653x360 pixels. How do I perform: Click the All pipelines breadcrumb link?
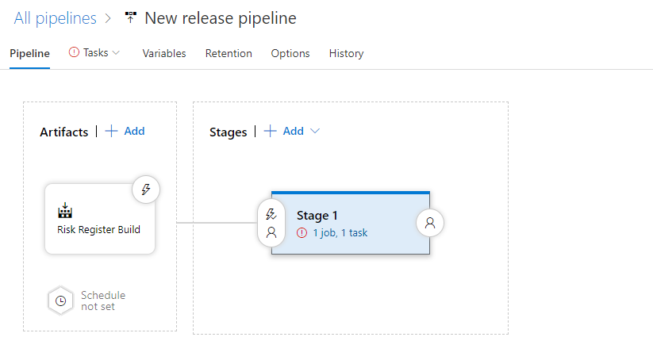click(x=55, y=18)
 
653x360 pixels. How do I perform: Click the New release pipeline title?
click(x=221, y=18)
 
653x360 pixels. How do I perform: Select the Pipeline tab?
click(x=29, y=53)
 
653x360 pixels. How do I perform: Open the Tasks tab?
click(x=95, y=53)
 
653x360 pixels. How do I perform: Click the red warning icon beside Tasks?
click(x=74, y=52)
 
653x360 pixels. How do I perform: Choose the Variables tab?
click(x=164, y=53)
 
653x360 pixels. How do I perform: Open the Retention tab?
click(x=229, y=53)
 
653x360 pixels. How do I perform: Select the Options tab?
click(x=290, y=53)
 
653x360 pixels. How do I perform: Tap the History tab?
click(x=346, y=53)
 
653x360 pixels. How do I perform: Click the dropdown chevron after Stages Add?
click(x=315, y=131)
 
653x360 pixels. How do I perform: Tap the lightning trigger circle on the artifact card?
click(x=146, y=190)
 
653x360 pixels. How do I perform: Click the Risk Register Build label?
click(x=98, y=230)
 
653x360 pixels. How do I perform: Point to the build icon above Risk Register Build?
click(x=65, y=210)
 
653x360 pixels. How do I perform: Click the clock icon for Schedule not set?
click(x=61, y=301)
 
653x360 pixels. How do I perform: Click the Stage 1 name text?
click(x=317, y=216)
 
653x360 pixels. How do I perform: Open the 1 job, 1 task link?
click(x=340, y=232)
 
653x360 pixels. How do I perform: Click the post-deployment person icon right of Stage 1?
click(x=430, y=223)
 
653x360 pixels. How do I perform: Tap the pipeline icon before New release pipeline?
click(x=131, y=17)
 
